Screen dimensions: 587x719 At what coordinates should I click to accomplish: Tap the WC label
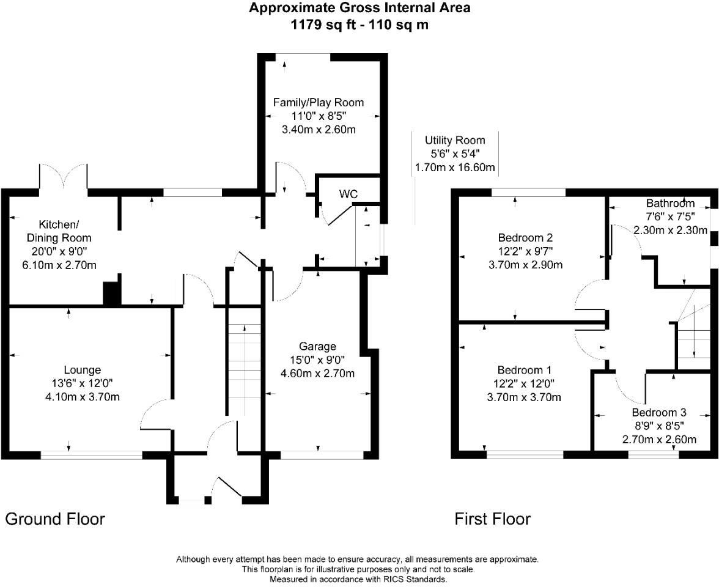pos(348,194)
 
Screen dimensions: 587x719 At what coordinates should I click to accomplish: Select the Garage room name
pos(317,347)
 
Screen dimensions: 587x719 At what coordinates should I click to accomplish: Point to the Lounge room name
pos(82,370)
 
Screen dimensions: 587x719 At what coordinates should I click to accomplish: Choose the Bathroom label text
pos(670,204)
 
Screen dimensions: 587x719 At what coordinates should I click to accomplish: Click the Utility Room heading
pos(455,141)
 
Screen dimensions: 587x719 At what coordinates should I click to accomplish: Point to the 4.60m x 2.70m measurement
pos(317,374)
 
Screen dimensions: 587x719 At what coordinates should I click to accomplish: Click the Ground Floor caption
pos(55,519)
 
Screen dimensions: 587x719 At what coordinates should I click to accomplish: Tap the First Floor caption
pos(492,519)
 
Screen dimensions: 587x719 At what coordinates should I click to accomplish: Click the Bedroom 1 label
pos(525,370)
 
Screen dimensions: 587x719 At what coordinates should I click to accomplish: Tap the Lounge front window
pos(91,455)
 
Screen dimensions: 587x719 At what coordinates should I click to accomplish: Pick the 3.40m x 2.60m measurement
pos(318,129)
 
